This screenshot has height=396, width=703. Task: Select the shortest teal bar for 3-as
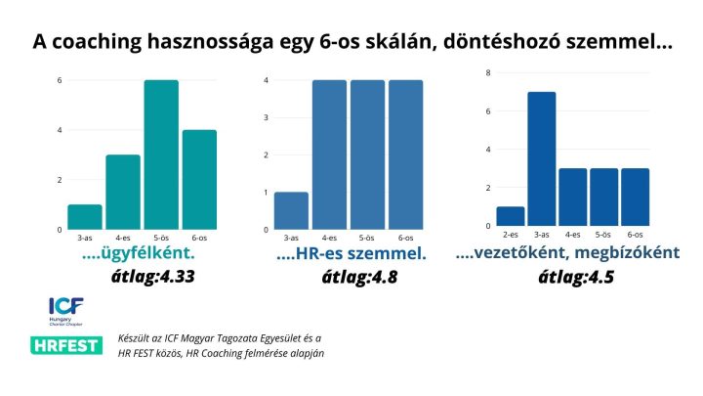click(x=84, y=217)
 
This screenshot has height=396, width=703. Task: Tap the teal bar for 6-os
click(x=199, y=180)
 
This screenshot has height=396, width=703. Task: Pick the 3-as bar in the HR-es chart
click(x=290, y=210)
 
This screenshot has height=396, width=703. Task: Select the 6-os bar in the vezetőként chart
click(x=635, y=197)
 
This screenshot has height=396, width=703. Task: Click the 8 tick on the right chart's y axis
click(x=487, y=72)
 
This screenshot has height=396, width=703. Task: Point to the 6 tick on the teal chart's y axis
click(x=60, y=80)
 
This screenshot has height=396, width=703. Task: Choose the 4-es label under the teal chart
click(x=123, y=238)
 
